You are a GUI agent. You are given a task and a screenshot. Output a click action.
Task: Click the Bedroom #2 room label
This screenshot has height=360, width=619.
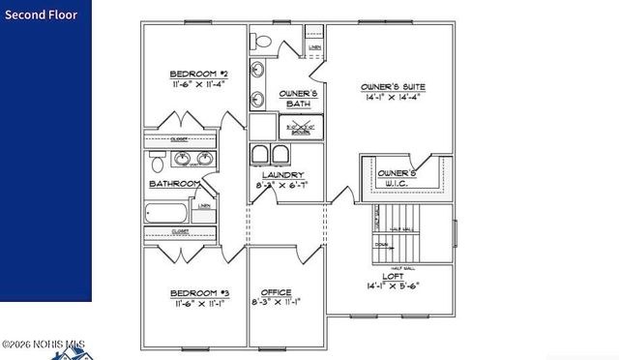[x=197, y=74]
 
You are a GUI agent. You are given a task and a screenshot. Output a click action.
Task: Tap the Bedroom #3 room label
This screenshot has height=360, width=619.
[x=199, y=292]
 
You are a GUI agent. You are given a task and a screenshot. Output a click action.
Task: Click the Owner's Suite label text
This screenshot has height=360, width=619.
[x=394, y=87]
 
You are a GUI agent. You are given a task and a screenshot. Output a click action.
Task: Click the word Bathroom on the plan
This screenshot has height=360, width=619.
[x=174, y=184]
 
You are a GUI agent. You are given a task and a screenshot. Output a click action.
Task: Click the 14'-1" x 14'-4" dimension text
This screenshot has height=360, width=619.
[x=395, y=98]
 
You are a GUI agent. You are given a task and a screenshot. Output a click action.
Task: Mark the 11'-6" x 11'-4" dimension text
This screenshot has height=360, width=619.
[x=197, y=84]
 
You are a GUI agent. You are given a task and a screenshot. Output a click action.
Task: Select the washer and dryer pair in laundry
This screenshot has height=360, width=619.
[x=271, y=155]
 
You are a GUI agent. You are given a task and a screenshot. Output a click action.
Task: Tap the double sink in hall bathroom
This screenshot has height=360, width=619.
[x=183, y=158]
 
